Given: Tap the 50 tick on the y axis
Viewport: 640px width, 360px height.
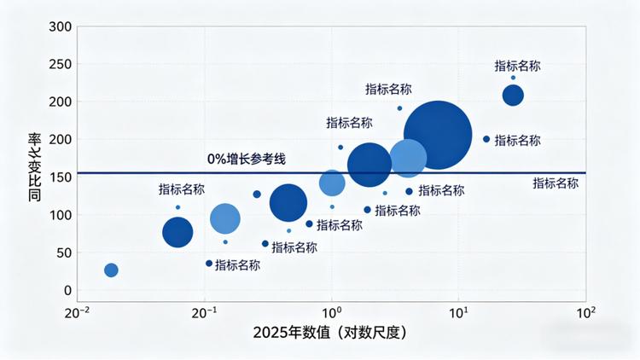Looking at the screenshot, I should (61, 253).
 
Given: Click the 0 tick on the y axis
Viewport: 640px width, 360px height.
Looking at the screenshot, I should (68, 290).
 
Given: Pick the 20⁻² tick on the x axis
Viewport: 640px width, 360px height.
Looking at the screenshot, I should (77, 312).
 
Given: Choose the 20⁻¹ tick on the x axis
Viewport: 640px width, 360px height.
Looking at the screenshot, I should (203, 312).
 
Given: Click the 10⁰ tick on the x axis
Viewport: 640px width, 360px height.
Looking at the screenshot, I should (331, 312).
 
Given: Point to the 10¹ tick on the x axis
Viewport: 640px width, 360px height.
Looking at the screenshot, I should (458, 312).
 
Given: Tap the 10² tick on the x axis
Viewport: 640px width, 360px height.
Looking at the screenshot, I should (585, 312).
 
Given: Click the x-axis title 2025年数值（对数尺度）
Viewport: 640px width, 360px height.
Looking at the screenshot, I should (329, 334).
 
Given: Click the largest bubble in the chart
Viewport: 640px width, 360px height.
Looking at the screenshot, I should (438, 135).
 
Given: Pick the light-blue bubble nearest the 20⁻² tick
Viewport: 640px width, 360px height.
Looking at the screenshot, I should (111, 270).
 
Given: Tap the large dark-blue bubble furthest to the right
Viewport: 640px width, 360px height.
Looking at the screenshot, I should (513, 95).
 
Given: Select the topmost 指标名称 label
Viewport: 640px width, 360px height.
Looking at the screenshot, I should (517, 66).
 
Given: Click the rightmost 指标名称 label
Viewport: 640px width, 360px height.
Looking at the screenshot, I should (556, 183).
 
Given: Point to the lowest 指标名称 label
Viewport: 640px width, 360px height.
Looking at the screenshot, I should (237, 265).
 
